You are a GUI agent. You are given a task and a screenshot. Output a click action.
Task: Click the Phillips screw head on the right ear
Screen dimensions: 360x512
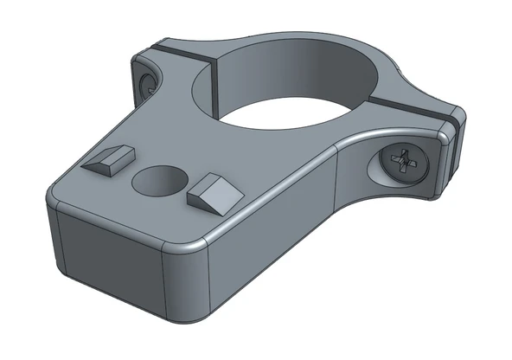tap(404, 162)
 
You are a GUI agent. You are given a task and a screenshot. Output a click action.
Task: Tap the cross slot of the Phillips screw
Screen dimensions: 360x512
tap(405, 161)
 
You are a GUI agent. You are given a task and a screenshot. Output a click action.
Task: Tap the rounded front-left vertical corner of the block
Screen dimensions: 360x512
tap(54, 234)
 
